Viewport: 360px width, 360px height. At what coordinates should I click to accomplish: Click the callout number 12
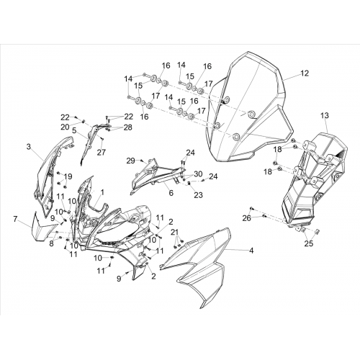[305, 73]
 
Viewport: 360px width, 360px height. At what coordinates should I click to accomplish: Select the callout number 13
[325, 115]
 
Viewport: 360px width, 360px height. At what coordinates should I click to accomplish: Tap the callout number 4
[251, 251]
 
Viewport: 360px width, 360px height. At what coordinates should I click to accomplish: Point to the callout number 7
[16, 219]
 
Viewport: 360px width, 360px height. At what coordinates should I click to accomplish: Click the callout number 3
[29, 146]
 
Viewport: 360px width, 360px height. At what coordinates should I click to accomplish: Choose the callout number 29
[131, 161]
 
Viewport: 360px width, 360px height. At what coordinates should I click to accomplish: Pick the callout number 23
[198, 195]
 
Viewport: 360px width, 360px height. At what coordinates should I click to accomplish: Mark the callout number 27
[102, 152]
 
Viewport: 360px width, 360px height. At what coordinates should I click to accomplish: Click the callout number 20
[65, 127]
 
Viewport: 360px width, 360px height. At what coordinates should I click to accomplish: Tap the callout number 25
[309, 243]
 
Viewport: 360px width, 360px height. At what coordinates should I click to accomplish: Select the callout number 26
[247, 218]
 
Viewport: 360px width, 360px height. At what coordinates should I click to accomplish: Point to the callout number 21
[175, 232]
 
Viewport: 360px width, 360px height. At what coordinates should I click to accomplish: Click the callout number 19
[68, 176]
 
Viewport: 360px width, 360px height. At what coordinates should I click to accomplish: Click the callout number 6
[171, 193]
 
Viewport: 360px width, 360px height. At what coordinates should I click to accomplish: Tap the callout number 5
[74, 130]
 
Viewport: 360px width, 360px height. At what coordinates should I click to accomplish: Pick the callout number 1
[102, 192]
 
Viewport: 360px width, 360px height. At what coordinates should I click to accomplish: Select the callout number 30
[198, 174]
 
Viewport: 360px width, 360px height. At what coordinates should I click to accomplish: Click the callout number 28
[127, 127]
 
